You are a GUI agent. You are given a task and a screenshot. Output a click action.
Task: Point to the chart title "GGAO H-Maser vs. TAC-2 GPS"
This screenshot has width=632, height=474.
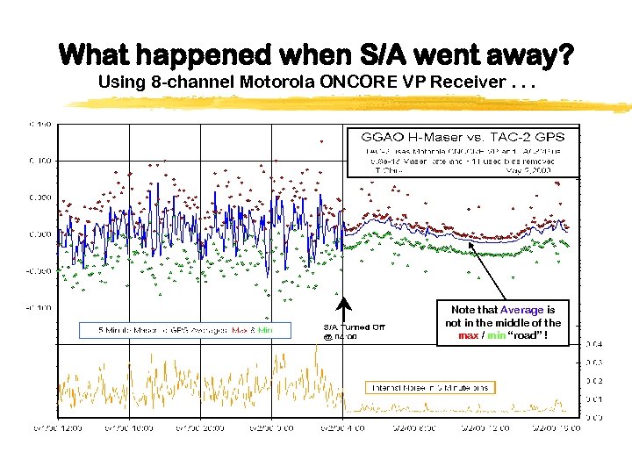(463, 137)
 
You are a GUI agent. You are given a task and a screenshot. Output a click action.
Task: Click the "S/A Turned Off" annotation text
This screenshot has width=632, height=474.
(354, 327)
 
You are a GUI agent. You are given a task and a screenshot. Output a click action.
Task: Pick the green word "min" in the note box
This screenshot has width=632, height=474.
(496, 334)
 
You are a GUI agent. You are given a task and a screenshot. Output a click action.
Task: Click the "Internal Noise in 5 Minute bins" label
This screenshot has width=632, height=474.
(430, 387)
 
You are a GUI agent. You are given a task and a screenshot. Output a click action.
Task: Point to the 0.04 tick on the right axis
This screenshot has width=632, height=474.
(593, 343)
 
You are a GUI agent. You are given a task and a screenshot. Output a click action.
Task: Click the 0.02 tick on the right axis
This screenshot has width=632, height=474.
(593, 380)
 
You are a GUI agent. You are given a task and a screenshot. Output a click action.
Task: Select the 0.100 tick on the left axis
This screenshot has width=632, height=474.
(40, 160)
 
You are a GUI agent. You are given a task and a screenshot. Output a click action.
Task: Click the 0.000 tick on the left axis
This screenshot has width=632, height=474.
(40, 234)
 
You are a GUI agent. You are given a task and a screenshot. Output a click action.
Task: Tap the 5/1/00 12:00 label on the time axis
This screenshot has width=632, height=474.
(58, 427)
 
